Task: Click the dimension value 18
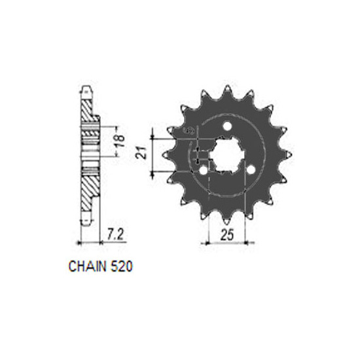120,141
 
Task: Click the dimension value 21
141,152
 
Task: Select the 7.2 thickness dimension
115,234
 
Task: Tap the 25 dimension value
227,234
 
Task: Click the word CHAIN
88,266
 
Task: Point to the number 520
122,266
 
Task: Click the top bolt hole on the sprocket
227,126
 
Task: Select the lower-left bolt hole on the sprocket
203,171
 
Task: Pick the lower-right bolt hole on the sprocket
251,170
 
